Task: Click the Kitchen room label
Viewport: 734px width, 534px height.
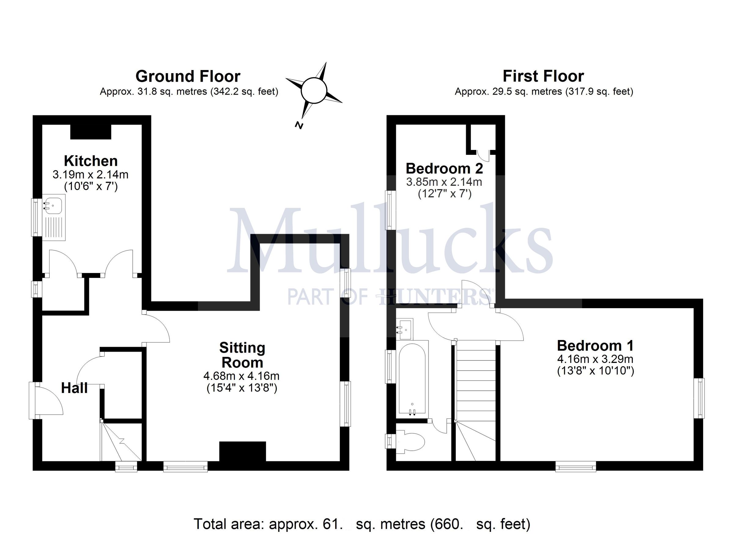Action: [x=91, y=161]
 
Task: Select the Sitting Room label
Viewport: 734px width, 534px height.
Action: [x=242, y=355]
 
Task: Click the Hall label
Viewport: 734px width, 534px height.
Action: [x=74, y=388]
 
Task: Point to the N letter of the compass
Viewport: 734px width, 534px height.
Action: [x=299, y=125]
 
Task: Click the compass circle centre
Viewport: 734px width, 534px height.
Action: [x=313, y=90]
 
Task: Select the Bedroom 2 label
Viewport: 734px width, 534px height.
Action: [x=444, y=168]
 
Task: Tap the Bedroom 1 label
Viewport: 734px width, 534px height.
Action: [x=595, y=345]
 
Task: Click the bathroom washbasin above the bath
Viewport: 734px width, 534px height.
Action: [x=405, y=329]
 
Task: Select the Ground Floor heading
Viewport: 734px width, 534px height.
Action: [x=188, y=77]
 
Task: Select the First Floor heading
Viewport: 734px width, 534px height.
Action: [x=543, y=77]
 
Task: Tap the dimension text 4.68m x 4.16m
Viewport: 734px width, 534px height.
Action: [x=241, y=376]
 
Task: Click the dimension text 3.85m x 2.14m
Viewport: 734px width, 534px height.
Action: [x=444, y=182]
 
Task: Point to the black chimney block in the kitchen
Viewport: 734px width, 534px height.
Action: [x=91, y=132]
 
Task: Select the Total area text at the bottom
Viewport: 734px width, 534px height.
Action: [x=361, y=523]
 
